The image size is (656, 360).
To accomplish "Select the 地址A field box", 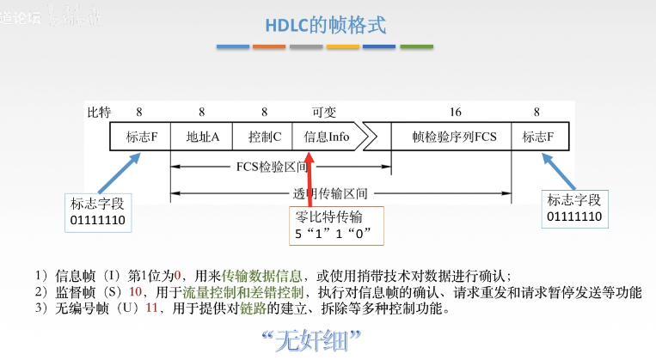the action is pos(202,137).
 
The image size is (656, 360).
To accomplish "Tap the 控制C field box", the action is pos(264,137).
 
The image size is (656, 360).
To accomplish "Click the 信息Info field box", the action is pos(327,137).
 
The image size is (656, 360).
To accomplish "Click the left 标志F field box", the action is pos(141,137).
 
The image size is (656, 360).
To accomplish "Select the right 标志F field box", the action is pos(537,137).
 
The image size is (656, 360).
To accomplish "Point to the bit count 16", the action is pos(455,112).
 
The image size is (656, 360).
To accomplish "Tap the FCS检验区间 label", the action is pos(264,168).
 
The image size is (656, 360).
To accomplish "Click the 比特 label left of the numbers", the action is pos(100,112).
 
